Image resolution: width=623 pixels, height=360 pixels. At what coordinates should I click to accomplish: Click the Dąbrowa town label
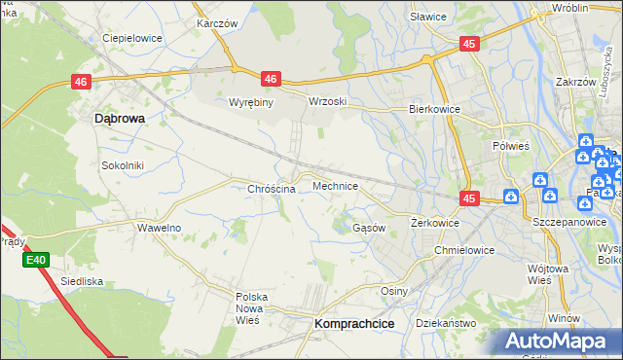[x=119, y=118]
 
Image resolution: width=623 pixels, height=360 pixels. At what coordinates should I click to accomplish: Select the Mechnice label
[x=336, y=186]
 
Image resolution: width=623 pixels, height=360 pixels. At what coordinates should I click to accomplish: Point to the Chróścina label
[x=272, y=189]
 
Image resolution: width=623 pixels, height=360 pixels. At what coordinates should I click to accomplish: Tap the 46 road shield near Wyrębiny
[x=271, y=80]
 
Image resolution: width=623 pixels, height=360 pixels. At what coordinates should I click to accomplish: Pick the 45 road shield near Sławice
[x=470, y=44]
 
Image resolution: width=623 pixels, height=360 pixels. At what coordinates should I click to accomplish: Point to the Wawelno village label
[x=159, y=228]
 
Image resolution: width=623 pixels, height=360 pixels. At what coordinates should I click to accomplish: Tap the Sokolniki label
[x=123, y=165]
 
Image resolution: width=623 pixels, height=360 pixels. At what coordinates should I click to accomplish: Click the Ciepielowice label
[x=131, y=38]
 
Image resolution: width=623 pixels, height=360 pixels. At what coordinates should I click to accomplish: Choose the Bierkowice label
[x=434, y=110]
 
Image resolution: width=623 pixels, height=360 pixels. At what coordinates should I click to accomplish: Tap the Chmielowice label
[x=464, y=250]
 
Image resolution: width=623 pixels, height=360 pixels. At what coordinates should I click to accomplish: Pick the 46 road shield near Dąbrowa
[x=81, y=84]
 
